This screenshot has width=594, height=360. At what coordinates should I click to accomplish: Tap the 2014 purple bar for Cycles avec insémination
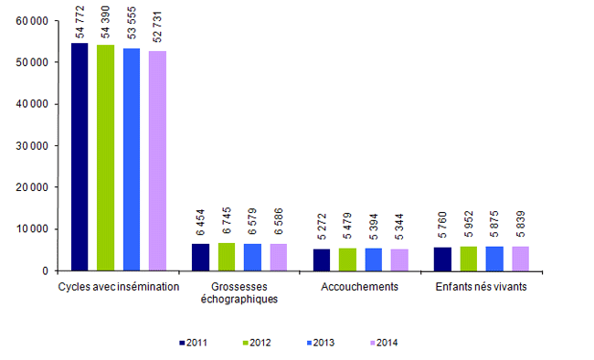coord(157,161)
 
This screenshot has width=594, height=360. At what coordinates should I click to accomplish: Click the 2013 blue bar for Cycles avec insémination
coord(132,160)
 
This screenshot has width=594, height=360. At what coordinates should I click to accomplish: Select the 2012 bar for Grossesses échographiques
coord(227,257)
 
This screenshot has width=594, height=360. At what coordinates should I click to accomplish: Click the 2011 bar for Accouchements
coord(322,259)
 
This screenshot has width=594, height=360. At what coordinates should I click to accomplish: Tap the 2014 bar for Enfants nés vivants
coord(520,259)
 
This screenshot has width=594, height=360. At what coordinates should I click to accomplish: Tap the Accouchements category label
coord(359,286)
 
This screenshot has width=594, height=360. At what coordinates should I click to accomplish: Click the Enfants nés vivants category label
coord(481,286)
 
